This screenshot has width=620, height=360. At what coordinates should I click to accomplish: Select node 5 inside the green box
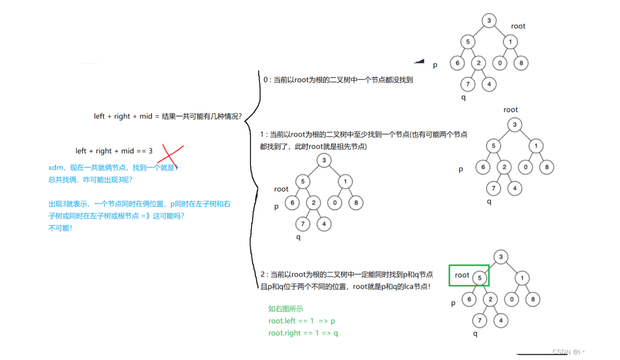[479, 278]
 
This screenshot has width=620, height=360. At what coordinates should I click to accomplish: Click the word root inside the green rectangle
[462, 275]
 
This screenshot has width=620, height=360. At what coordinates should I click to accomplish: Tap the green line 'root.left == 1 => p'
[301, 321]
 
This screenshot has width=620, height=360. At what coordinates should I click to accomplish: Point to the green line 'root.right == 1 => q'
[303, 333]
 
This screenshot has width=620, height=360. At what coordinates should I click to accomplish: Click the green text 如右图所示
[286, 309]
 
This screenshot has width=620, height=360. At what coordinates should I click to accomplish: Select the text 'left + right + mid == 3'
[114, 151]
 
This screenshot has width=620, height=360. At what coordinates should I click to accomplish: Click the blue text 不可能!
[60, 228]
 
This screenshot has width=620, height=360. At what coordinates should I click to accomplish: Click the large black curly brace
[252, 172]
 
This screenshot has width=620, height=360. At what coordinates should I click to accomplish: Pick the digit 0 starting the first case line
[266, 80]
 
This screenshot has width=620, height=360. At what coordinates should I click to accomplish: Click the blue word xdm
[56, 167]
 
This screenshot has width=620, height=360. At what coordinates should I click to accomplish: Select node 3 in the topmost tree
[489, 21]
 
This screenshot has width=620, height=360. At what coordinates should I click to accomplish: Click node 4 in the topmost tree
[489, 84]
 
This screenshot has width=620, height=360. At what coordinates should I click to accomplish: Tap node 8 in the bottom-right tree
[532, 299]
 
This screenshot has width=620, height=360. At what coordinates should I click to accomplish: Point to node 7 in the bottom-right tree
[479, 320]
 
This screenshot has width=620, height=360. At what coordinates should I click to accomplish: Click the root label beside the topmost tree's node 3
[518, 26]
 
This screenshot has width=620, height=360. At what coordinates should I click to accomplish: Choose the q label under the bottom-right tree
[475, 333]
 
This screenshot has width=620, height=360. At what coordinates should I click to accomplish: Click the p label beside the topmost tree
[435, 65]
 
